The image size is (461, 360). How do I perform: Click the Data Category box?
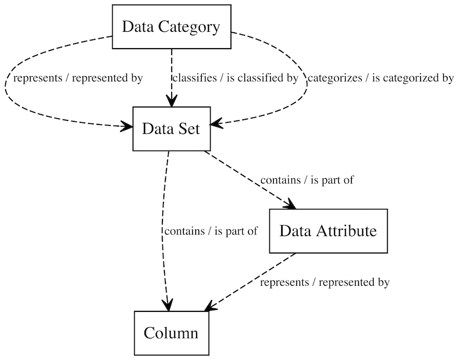[171, 27]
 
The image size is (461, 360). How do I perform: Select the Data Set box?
[171, 129]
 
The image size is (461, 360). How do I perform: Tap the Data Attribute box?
[328, 231]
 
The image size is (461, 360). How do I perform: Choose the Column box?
[171, 333]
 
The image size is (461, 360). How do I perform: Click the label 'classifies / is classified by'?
[235, 78]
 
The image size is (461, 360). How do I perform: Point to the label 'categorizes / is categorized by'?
[380, 78]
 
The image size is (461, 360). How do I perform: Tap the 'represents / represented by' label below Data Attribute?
[325, 282]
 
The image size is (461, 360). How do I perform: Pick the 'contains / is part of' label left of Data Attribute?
[211, 231]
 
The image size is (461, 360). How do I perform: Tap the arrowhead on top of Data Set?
[171, 101]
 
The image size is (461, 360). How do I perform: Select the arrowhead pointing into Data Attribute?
[290, 205]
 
